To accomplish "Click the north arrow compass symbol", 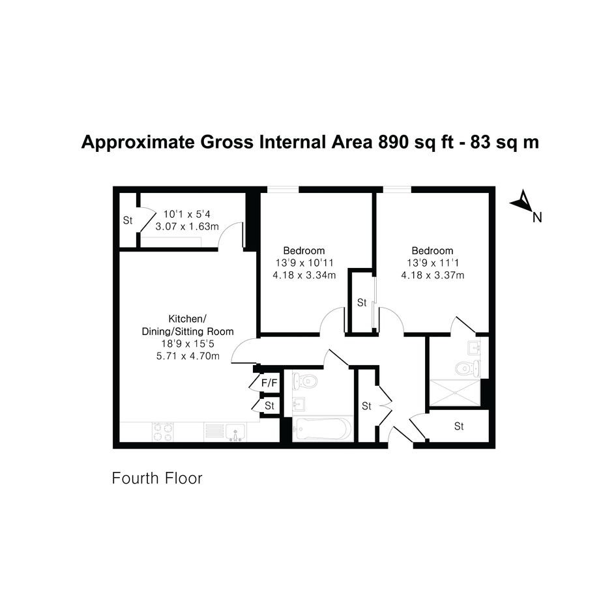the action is click(x=523, y=201).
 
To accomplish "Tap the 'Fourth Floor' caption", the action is click(x=157, y=478).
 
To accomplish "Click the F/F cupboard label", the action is click(x=269, y=383).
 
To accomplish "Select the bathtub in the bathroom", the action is click(x=323, y=429).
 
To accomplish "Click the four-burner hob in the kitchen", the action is click(x=163, y=432).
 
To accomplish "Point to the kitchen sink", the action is click(x=235, y=432).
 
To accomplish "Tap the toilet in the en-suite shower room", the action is click(x=467, y=368).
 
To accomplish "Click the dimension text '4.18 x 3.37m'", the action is click(x=433, y=275).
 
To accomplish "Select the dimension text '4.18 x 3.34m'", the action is click(x=304, y=275).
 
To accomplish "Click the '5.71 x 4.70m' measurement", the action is click(x=188, y=356).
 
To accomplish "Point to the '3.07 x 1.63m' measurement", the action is click(x=187, y=227).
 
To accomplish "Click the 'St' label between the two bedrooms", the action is click(x=362, y=302).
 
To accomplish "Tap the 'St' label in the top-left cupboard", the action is click(x=128, y=220).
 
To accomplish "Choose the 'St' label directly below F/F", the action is click(x=269, y=405).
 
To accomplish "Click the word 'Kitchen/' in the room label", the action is click(x=187, y=319).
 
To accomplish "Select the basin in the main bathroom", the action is click(x=300, y=403).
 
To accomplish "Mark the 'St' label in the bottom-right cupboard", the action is click(x=459, y=426).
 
